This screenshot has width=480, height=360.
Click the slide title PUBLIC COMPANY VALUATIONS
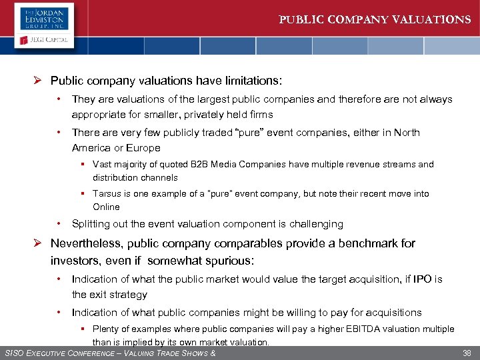click(x=375, y=19)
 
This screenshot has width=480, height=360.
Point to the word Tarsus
click(x=107, y=194)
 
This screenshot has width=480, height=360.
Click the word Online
click(x=107, y=207)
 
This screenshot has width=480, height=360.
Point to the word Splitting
click(x=91, y=224)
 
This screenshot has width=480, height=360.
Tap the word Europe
click(x=143, y=148)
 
